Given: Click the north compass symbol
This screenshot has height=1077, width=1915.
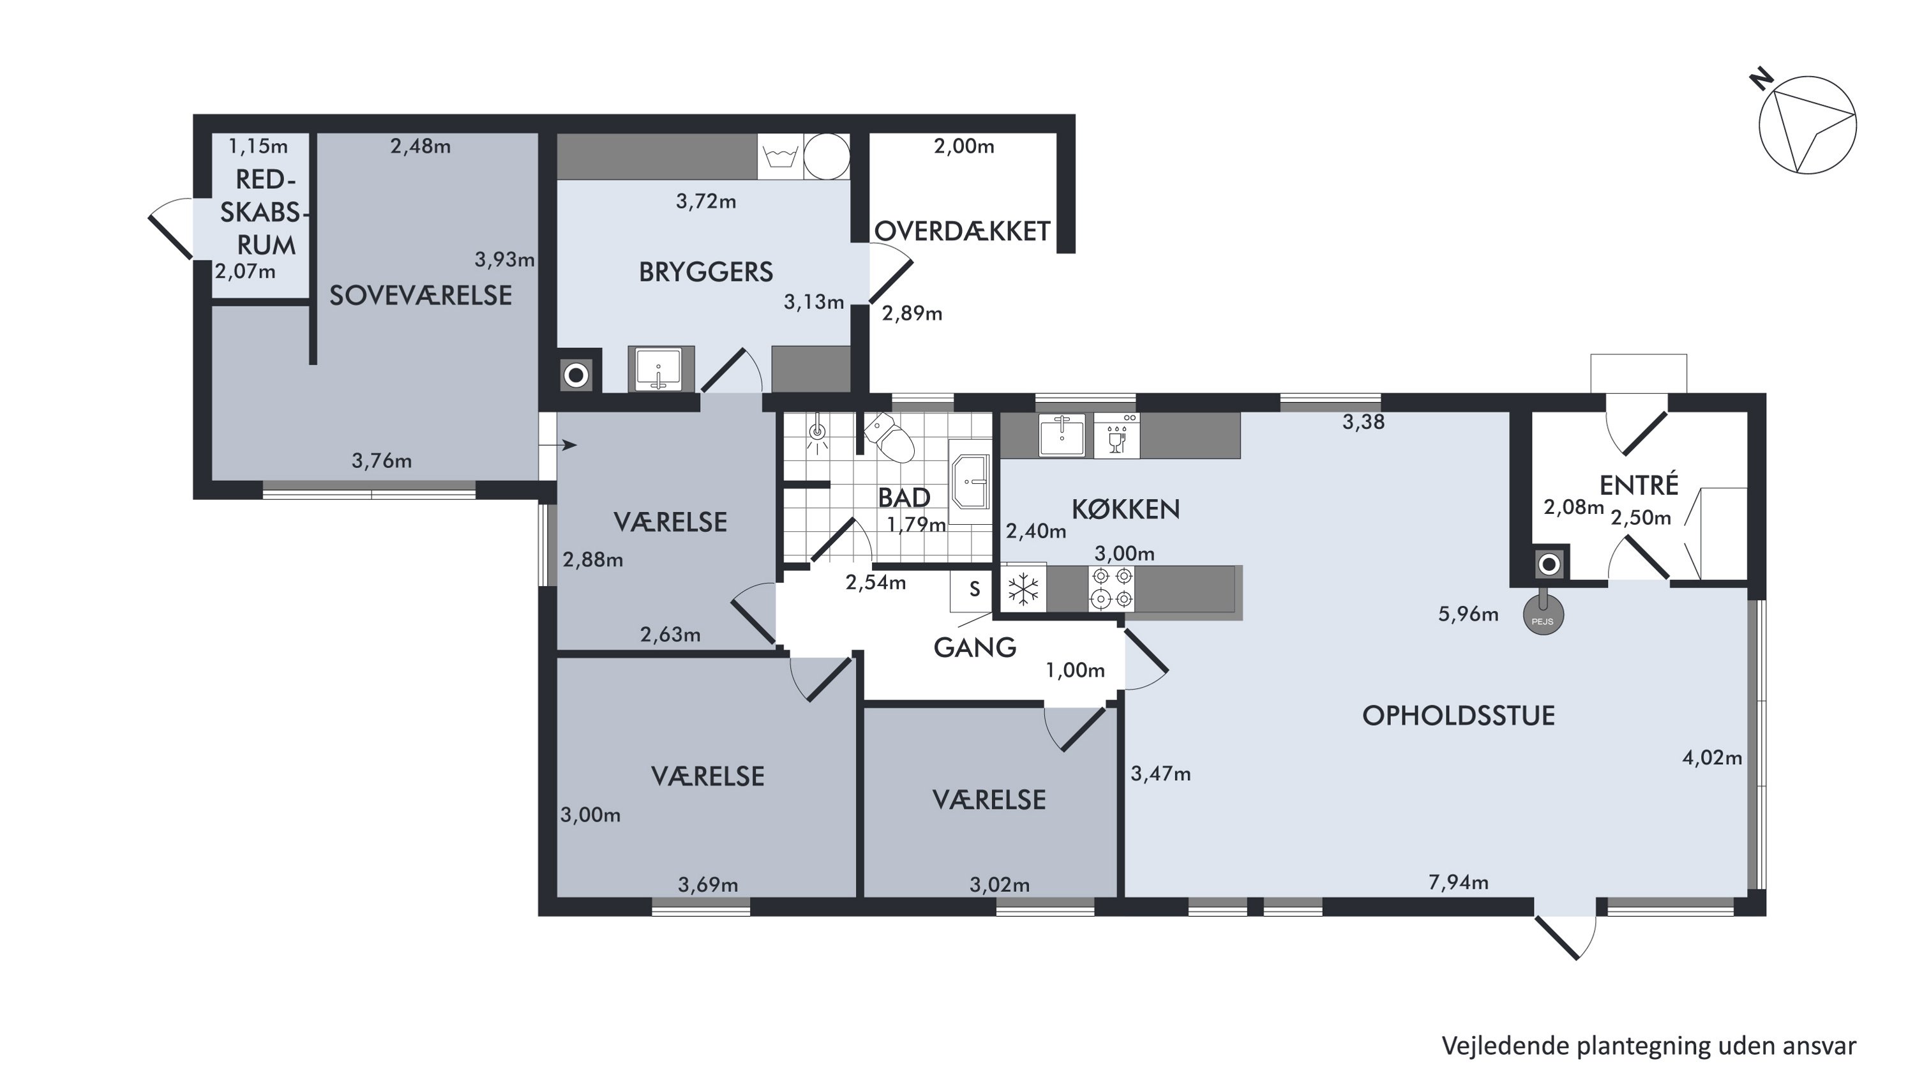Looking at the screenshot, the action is (x=1806, y=125).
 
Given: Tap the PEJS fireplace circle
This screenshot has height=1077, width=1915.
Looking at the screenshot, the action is (x=1543, y=615).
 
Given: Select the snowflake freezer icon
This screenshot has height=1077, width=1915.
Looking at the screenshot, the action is (x=1023, y=589).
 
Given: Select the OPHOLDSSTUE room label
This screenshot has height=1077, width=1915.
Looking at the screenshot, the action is (x=1458, y=716).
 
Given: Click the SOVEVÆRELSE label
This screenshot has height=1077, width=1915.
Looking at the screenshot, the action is (x=421, y=296).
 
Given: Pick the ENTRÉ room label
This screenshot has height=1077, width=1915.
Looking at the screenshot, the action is (x=1639, y=485).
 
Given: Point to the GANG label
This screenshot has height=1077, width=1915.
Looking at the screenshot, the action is (x=975, y=647).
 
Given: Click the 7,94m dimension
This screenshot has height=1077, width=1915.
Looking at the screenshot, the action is (x=1459, y=882).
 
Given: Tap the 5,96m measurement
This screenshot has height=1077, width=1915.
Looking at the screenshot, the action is (x=1468, y=614).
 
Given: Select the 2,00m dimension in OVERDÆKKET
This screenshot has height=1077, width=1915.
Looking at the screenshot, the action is (x=964, y=146).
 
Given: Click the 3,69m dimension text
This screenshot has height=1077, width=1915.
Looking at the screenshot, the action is (x=708, y=884).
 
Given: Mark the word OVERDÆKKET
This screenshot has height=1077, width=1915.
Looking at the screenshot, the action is (x=962, y=231).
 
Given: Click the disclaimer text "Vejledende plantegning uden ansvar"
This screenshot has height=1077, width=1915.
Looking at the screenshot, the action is (x=1649, y=1046).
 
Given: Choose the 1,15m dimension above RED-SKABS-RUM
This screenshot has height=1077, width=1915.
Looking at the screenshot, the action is (x=258, y=146).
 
